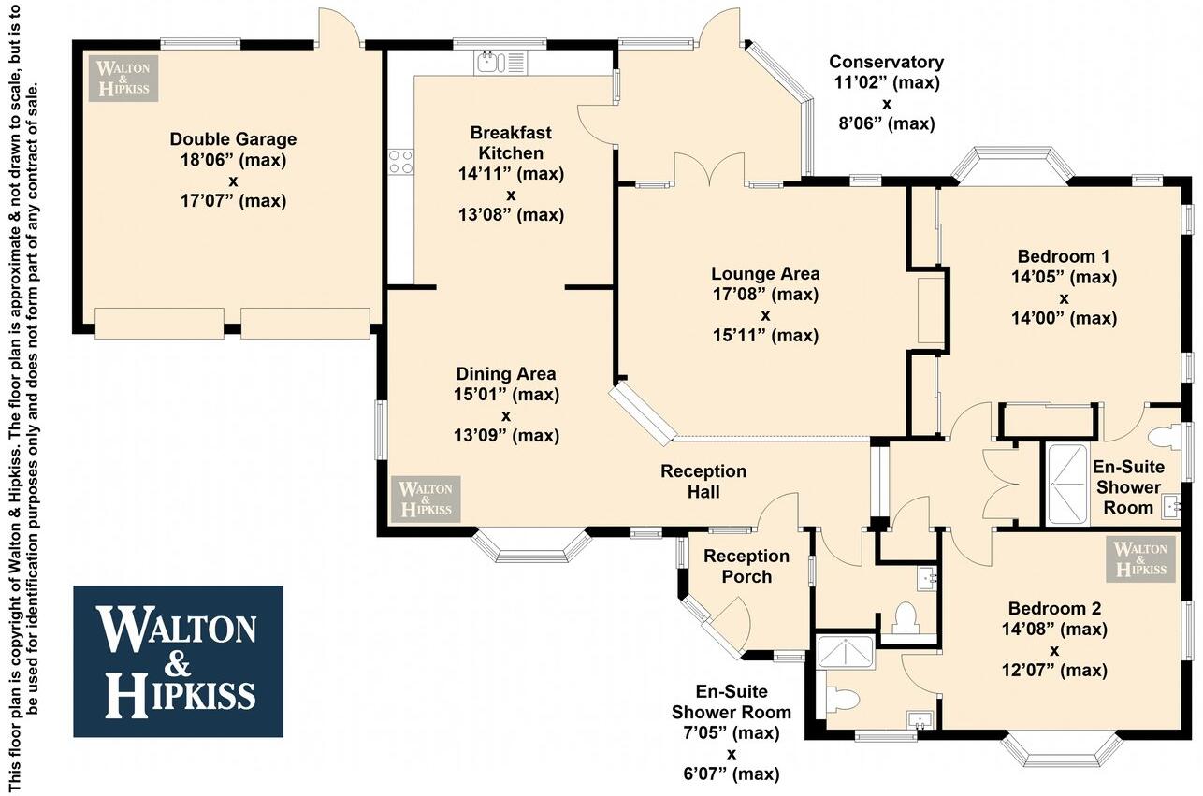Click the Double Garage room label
233,139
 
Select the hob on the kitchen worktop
401,161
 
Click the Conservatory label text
886,63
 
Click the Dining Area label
506,374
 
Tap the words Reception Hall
703,481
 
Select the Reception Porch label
746,566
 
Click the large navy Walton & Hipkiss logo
178,661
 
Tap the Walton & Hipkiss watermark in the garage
123,78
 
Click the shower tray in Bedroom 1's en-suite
1074,484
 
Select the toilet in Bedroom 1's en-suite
1163,436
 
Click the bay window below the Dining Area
532,546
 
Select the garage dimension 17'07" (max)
233,200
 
